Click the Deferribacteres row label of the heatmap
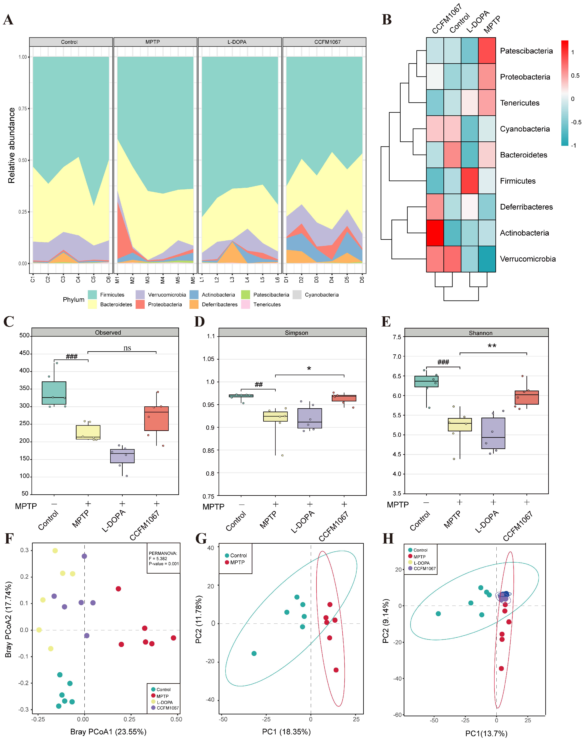(526, 207)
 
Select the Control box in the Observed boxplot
(54, 393)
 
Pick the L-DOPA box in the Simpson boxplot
(310, 418)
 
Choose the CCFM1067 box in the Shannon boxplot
(527, 397)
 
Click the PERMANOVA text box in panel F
(163, 558)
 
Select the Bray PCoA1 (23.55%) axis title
(108, 731)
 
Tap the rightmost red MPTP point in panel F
(173, 638)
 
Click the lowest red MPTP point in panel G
(336, 670)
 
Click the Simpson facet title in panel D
(296, 333)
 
